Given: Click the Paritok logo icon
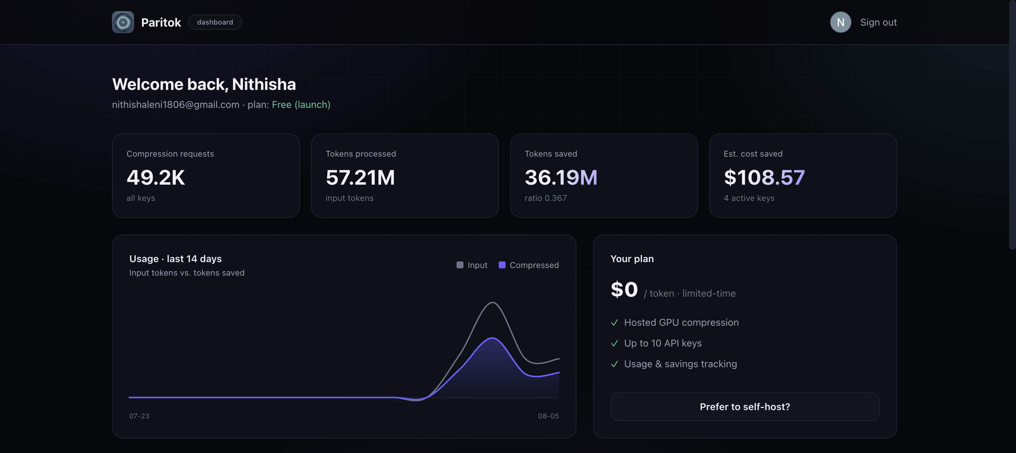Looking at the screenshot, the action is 123,22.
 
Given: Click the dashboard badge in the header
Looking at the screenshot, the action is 215,22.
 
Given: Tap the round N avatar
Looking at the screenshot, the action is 840,22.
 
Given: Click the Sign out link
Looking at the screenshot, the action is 878,22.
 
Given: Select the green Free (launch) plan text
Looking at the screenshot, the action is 301,104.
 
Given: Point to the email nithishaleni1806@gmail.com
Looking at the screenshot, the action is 176,104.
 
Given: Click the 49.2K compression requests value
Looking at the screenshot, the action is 156,178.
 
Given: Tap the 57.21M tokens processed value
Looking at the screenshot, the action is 360,178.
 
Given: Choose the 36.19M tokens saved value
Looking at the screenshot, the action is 561,178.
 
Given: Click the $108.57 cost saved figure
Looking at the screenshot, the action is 764,178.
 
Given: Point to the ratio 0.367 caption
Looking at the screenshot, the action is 545,198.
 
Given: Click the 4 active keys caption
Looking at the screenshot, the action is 749,198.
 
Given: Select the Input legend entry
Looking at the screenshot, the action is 472,265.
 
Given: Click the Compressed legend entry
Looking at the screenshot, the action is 528,265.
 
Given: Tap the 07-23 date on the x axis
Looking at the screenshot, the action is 139,416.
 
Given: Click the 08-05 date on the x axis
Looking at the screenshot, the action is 548,416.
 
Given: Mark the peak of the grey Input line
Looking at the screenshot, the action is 492,303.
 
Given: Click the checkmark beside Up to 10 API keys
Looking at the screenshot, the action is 614,343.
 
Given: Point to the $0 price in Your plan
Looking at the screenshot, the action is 624,290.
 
